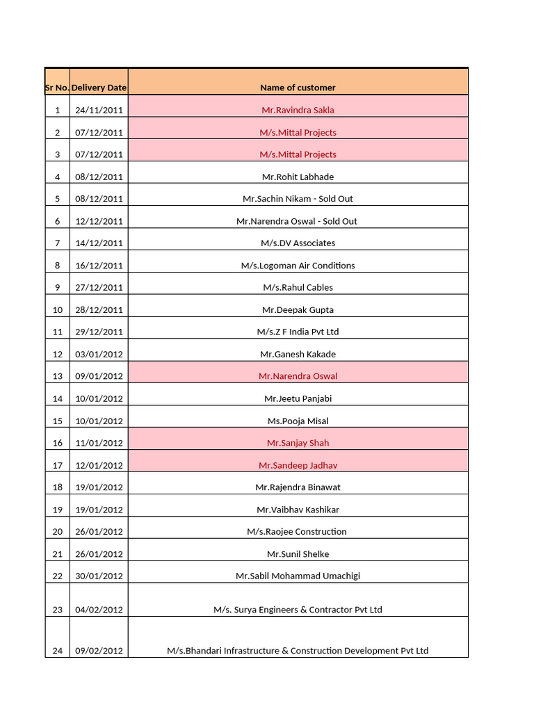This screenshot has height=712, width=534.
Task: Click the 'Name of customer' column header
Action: [298, 88]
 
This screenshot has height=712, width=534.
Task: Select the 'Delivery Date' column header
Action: [99, 88]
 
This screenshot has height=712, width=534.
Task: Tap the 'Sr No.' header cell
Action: [57, 88]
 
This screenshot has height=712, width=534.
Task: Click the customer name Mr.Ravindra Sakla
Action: [298, 110]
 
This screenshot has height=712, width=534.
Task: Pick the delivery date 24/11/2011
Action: [99, 110]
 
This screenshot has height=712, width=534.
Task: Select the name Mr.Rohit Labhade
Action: [298, 177]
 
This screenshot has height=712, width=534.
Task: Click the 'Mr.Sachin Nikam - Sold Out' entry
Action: [298, 199]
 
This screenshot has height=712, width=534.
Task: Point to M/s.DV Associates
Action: [298, 243]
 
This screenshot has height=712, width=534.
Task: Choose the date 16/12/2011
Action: [99, 266]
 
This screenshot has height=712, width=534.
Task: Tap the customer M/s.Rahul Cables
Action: [298, 287]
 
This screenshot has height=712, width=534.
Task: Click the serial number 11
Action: [57, 332]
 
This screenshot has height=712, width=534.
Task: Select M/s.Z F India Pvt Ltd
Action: [298, 332]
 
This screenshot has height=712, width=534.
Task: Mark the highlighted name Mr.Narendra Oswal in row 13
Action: [298, 376]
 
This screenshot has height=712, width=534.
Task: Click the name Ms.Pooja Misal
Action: [298, 421]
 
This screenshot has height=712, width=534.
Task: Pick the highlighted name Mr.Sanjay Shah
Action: [298, 443]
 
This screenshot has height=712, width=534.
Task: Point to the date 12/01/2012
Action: [99, 465]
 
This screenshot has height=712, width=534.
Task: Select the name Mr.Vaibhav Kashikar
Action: [298, 510]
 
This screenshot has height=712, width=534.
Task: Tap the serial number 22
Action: [57, 576]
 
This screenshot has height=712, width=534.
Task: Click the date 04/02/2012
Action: [99, 610]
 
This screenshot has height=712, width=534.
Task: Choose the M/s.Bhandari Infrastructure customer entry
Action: [298, 651]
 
